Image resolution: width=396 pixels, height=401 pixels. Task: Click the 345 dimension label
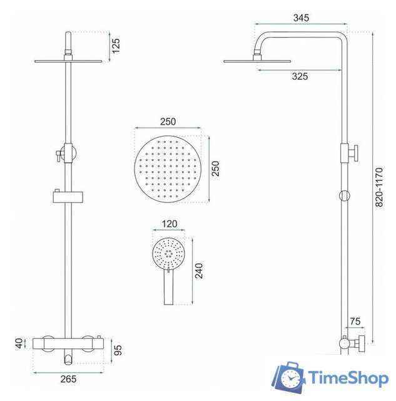tap(300, 18)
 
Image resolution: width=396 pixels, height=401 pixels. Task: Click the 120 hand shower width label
tap(169, 224)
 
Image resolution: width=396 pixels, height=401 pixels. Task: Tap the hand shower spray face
tap(169, 253)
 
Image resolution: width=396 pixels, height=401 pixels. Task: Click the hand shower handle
tap(169, 288)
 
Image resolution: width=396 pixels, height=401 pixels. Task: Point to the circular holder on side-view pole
tap(344, 195)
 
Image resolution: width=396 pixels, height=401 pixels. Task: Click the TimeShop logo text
tap(347, 378)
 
